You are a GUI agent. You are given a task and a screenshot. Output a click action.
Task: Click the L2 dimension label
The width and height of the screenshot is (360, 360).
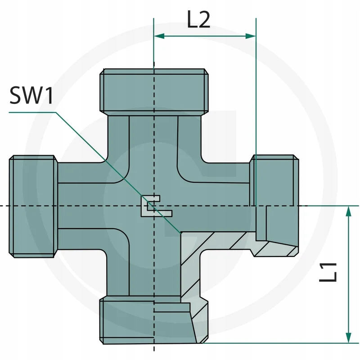tap(198, 20)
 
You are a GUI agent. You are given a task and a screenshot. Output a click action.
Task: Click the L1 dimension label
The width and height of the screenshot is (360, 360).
tap(328, 272)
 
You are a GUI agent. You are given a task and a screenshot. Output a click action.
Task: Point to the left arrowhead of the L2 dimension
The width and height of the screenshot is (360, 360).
tap(159, 36)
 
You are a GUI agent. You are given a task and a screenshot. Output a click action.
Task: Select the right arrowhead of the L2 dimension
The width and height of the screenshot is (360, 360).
tap(251, 36)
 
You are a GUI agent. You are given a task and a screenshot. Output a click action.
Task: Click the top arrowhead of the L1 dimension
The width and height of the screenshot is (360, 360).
tap(348, 211)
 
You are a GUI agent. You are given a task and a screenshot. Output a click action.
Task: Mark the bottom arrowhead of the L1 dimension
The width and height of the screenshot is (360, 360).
tap(348, 338)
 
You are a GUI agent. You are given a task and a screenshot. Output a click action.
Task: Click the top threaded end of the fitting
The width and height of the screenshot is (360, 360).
tap(154, 92)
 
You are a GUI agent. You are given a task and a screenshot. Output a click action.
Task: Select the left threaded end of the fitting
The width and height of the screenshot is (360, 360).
tap(33, 207)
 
